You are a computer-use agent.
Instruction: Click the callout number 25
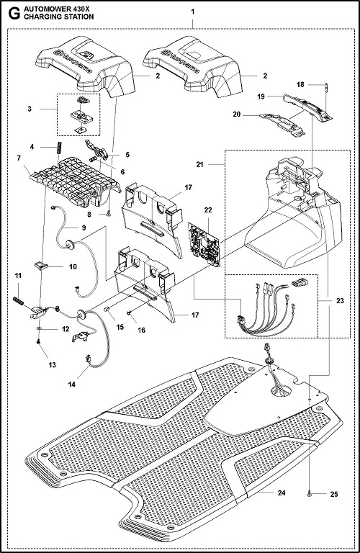[x=333, y=495]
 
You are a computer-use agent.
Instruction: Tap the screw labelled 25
[x=309, y=494]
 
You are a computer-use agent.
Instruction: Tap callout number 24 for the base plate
[x=281, y=493]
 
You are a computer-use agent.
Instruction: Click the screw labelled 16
[x=130, y=313]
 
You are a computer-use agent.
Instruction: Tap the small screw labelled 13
[x=38, y=341]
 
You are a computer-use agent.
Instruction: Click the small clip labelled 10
[x=41, y=265]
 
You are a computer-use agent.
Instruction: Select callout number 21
[x=200, y=164]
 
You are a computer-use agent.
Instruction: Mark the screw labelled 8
[x=109, y=213]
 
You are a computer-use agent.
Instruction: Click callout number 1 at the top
[x=192, y=12]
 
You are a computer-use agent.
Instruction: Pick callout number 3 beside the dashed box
[x=30, y=109]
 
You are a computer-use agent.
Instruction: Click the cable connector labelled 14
[x=87, y=359]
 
